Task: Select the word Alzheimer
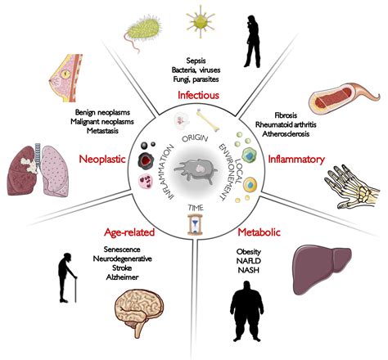[123, 277]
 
